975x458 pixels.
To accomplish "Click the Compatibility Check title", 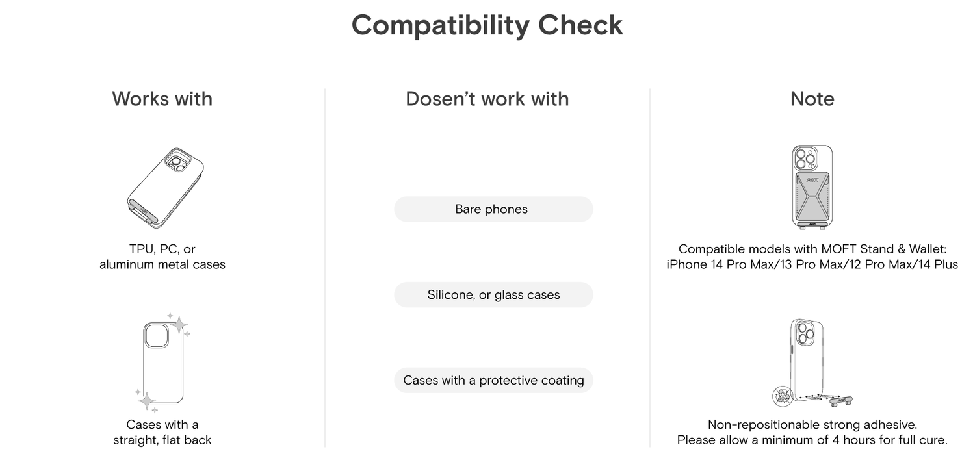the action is [x=487, y=25].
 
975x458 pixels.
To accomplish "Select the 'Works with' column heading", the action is [x=162, y=99].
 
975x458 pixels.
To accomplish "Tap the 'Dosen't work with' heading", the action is [x=487, y=99].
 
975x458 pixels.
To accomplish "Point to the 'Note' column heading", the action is [x=812, y=99].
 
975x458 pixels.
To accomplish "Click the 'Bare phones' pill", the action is [x=493, y=209].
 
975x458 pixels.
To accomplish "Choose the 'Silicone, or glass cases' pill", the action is [x=493, y=295].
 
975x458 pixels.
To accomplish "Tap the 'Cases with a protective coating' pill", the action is [x=493, y=380].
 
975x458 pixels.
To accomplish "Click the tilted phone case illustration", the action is [x=165, y=188].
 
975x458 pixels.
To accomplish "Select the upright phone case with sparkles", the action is [x=162, y=363].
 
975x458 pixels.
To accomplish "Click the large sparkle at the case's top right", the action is [x=179, y=324].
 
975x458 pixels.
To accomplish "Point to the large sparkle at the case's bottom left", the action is [x=147, y=401].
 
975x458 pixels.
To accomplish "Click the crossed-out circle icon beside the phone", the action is [x=783, y=396].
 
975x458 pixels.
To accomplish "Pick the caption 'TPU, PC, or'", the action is [x=162, y=249].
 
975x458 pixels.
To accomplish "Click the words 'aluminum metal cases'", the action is [x=162, y=264].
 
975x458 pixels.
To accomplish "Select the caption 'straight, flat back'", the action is [x=162, y=440].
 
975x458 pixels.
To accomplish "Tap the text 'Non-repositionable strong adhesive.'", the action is [x=812, y=424].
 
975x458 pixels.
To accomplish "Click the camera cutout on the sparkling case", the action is [x=156, y=336].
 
